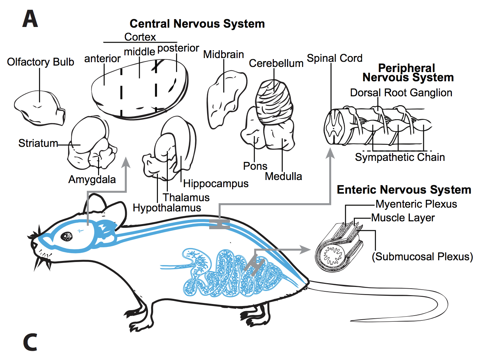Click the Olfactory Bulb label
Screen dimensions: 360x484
pos(40,62)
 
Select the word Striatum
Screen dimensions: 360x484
pos(38,143)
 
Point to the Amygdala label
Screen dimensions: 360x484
pos(92,179)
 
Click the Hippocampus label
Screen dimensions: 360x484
pos(216,183)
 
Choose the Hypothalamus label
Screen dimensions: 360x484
pos(167,208)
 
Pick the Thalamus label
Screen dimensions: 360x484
pos(186,197)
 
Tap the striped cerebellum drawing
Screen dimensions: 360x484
pos(274,101)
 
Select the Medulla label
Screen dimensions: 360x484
pos(283,176)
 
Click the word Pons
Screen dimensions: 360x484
pos(255,166)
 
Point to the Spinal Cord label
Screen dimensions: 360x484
pos(334,58)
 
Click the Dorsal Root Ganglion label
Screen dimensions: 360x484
pos(401,93)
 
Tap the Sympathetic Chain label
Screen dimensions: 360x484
pos(400,157)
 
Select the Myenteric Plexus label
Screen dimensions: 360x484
pos(416,204)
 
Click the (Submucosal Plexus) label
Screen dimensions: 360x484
pos(422,257)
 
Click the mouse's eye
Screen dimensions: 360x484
pos(67,236)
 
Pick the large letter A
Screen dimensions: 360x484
pos(30,19)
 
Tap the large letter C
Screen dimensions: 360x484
pos(30,342)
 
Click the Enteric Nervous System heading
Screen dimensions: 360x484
pos(404,190)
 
